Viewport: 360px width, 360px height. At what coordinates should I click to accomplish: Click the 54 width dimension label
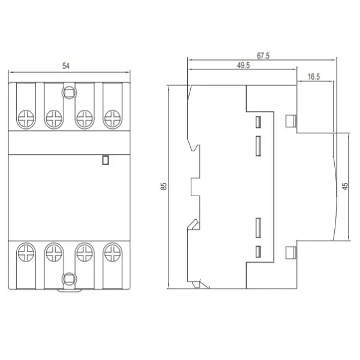pyautogui.click(x=66, y=66)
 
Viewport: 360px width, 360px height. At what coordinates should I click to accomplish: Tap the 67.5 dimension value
pyautogui.click(x=263, y=56)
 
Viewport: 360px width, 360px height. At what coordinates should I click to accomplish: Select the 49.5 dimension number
pyautogui.click(x=244, y=65)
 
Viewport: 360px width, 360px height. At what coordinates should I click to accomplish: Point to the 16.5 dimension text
pyautogui.click(x=314, y=77)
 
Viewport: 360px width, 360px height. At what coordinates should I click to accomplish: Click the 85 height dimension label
pyautogui.click(x=164, y=186)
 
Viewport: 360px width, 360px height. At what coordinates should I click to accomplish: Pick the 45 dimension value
pyautogui.click(x=345, y=186)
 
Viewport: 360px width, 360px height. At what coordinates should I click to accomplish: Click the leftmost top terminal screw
pyautogui.click(x=26, y=119)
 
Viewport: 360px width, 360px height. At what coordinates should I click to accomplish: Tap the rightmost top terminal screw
pyautogui.click(x=113, y=119)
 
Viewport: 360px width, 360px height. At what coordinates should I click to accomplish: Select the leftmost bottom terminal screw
pyautogui.click(x=26, y=253)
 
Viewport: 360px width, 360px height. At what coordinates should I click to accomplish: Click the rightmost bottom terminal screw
pyautogui.click(x=113, y=253)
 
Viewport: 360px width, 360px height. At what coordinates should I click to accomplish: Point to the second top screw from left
pyautogui.click(x=54, y=119)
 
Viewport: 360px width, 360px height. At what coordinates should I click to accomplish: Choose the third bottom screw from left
pyautogui.click(x=85, y=253)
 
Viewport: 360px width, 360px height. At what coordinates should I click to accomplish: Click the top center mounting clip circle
pyautogui.click(x=69, y=93)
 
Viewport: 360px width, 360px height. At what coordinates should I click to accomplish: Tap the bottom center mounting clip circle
pyautogui.click(x=69, y=279)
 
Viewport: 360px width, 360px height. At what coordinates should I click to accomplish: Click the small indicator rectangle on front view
pyautogui.click(x=106, y=160)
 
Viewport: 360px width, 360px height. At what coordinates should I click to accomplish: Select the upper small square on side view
pyautogui.click(x=291, y=121)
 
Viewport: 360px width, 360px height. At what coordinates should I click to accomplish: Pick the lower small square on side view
pyautogui.click(x=291, y=253)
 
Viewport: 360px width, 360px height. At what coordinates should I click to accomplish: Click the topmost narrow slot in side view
pyautogui.click(x=259, y=122)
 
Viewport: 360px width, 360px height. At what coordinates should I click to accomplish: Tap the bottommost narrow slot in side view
pyautogui.click(x=259, y=251)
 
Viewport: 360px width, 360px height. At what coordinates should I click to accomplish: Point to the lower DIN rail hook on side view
pyautogui.click(x=194, y=224)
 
